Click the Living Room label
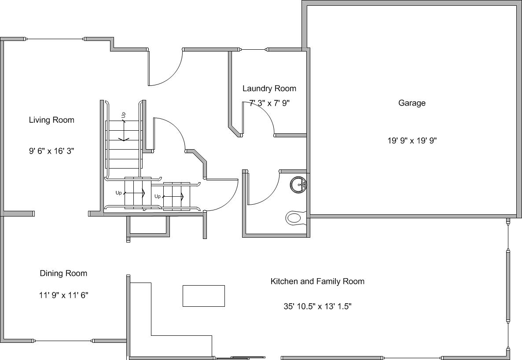(x=51, y=120)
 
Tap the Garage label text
(x=412, y=103)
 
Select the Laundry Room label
(x=269, y=88)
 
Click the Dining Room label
(x=63, y=273)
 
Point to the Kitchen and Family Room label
(x=317, y=281)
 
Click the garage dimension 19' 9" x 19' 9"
(x=412, y=140)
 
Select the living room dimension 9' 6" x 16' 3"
(x=51, y=151)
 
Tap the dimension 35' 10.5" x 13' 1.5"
(x=318, y=306)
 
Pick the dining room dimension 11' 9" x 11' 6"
(x=63, y=295)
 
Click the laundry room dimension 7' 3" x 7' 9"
(x=269, y=103)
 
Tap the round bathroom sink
(x=298, y=184)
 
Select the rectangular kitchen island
(x=204, y=296)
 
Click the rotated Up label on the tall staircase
(x=124, y=115)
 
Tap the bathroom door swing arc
(x=270, y=195)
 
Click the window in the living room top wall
(x=55, y=39)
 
